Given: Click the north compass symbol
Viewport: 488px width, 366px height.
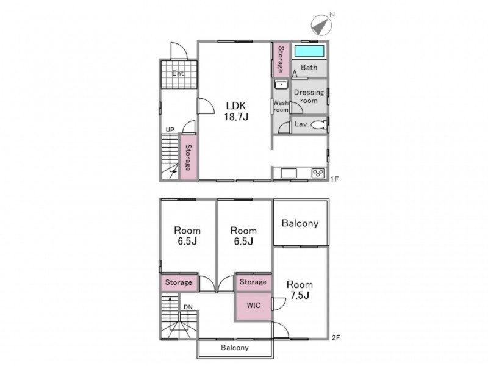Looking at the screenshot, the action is click(x=321, y=25).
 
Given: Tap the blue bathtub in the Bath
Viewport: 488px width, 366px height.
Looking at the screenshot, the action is click(x=309, y=51).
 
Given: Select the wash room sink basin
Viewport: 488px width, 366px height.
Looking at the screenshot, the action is click(x=281, y=85).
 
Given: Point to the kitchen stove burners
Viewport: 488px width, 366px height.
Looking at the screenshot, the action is click(x=318, y=173).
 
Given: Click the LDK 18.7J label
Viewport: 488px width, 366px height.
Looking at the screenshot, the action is click(x=236, y=111).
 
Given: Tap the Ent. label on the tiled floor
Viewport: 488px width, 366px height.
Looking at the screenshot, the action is click(x=179, y=74).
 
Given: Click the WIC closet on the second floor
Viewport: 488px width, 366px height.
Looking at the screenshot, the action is click(x=253, y=306).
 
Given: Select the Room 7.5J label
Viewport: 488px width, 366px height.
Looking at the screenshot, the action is click(x=300, y=290).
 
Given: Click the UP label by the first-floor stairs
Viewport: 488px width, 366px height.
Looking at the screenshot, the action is click(x=170, y=130).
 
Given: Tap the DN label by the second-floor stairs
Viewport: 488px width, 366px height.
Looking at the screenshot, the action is click(x=188, y=307).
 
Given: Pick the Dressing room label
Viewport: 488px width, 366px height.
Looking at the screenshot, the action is click(x=309, y=96).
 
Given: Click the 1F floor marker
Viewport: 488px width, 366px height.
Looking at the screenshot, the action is click(x=334, y=179).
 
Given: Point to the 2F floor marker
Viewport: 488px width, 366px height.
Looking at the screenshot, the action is click(x=336, y=337).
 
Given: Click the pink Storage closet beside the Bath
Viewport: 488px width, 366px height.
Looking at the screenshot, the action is click(x=281, y=59).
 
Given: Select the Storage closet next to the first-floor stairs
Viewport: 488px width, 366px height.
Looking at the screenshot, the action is click(x=188, y=157).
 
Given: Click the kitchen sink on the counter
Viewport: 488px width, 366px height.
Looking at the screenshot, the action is click(x=289, y=173).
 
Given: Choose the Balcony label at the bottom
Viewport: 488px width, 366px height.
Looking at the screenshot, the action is click(x=235, y=348).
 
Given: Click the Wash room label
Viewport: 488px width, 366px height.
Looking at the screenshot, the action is click(x=281, y=106).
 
